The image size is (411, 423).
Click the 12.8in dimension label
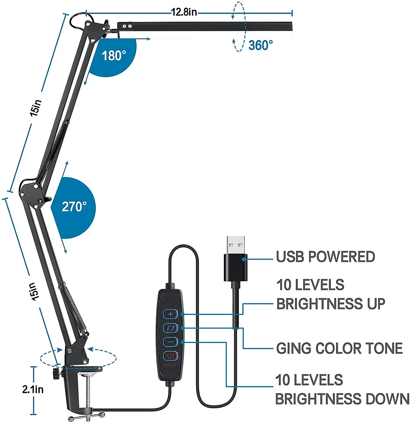(184, 12)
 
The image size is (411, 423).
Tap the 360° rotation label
(261, 45)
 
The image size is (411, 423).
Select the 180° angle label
(113, 56)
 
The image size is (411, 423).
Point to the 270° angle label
(74, 207)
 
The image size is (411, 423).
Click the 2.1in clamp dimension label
(33, 389)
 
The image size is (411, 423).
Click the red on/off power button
(171, 356)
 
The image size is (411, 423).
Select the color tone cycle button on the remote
(171, 328)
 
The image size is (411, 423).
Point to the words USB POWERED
(325, 257)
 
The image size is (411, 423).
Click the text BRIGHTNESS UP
(331, 304)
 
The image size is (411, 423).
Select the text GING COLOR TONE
(339, 349)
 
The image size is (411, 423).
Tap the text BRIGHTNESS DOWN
(342, 399)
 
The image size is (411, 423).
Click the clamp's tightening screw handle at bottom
(87, 417)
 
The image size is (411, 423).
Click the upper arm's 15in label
(36, 108)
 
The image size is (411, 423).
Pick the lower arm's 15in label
(33, 292)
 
